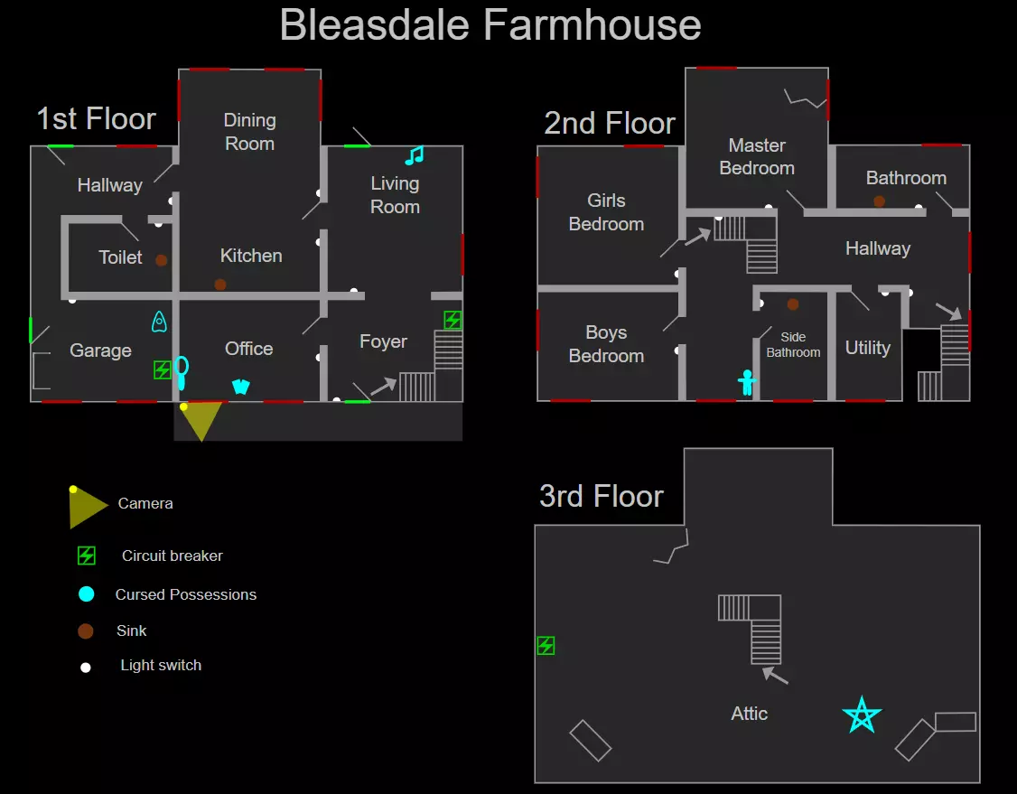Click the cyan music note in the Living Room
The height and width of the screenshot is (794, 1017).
pos(415,155)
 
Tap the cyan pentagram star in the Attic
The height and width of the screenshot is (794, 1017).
pos(862,715)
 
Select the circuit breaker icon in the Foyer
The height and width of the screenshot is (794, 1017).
pos(453,320)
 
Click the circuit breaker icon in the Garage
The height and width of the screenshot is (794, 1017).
pos(163,369)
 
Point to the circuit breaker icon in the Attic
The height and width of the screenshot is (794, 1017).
pos(546,646)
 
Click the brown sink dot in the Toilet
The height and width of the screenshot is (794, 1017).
pos(162,260)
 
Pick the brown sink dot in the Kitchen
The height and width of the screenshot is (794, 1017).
pos(220,285)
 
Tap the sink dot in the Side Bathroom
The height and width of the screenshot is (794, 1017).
pos(793,304)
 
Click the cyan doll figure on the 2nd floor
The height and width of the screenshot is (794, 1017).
pos(747,382)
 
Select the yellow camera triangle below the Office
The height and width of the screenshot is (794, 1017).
pos(201,419)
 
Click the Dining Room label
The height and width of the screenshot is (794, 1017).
pos(249,132)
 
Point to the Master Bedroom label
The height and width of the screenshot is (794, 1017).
pos(757,156)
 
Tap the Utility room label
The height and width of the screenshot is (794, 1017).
pos(868,348)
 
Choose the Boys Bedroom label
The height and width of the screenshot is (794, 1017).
pos(606,344)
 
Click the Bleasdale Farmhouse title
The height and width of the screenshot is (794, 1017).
pos(490,24)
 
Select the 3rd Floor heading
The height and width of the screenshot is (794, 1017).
pos(602,496)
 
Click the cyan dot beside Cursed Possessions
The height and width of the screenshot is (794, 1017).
pos(87,594)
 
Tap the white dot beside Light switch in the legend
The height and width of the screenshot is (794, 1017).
pos(85,668)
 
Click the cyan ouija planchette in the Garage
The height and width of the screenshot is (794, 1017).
pos(159,322)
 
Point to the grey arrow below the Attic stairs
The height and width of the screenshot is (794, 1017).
pos(775,676)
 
